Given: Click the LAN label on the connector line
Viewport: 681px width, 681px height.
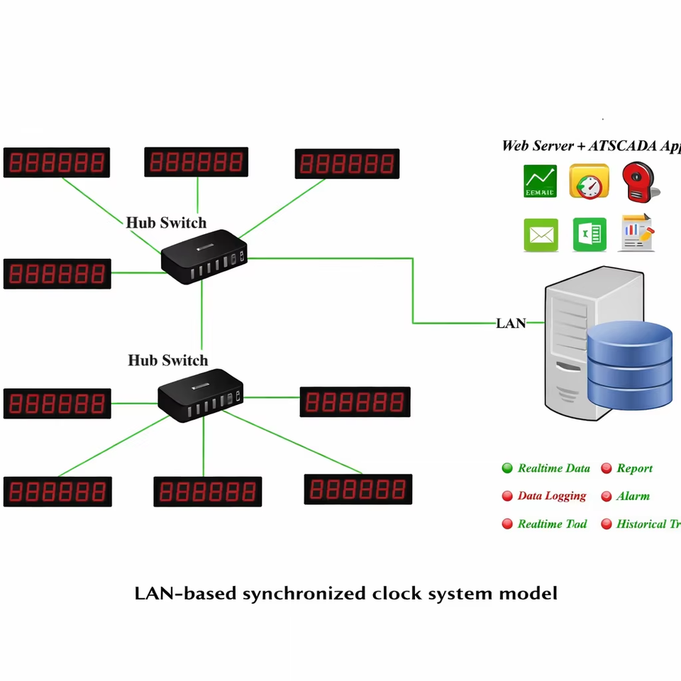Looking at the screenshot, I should tap(511, 323).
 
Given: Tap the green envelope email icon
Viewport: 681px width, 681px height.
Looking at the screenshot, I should tap(541, 235).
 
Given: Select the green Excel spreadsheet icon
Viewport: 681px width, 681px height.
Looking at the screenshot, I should tap(589, 235).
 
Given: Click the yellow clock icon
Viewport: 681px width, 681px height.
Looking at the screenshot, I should tap(589, 182).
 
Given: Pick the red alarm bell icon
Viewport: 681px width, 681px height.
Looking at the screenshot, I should tap(639, 182).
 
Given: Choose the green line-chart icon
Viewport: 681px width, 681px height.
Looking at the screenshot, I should tap(540, 182).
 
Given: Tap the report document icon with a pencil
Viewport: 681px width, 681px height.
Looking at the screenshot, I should tap(637, 233).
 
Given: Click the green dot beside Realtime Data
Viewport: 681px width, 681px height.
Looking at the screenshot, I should tap(507, 468).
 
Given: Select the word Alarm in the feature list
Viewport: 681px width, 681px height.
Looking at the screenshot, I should tap(633, 497).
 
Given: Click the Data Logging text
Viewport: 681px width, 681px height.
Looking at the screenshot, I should tap(552, 497).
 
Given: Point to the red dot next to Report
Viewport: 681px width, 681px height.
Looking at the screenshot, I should tap(607, 468).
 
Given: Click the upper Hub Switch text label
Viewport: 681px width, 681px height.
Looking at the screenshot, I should tap(166, 223).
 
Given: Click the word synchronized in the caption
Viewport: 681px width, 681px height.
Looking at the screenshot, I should tap(305, 593).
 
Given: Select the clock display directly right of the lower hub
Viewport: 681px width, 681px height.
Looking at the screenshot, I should tap(355, 402).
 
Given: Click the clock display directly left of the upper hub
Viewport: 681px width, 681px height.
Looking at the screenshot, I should tap(57, 274).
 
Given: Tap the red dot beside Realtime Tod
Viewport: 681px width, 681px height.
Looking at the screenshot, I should tap(507, 524).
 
